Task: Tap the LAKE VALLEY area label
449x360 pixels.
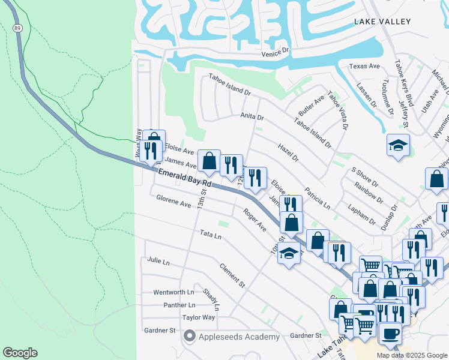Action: [x=382, y=22]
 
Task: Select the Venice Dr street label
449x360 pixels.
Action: [x=276, y=54]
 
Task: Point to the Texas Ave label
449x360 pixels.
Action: [x=365, y=66]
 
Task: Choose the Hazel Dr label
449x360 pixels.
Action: [x=288, y=152]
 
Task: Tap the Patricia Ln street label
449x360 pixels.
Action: [x=318, y=197]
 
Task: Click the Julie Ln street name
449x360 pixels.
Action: [x=158, y=261]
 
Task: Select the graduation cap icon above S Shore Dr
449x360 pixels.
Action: [x=398, y=145]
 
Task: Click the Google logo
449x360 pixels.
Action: [x=20, y=353]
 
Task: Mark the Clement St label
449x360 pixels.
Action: [x=232, y=274]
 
